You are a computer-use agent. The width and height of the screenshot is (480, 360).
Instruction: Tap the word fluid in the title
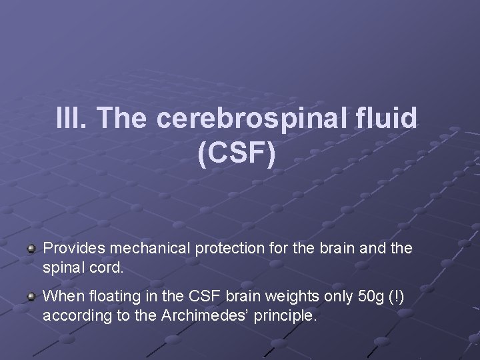pos(388,119)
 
